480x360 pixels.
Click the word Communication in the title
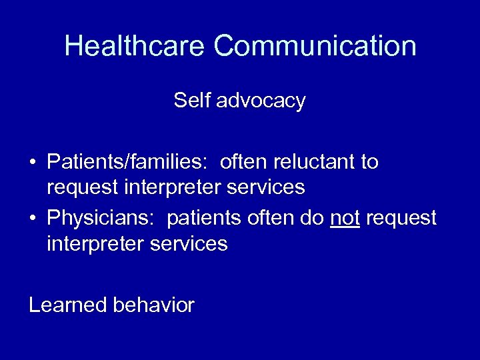tap(315, 46)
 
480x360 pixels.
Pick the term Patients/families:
tap(127, 162)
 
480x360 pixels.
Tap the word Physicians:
tap(102, 218)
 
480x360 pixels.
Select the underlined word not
tap(345, 218)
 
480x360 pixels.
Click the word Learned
tap(68, 305)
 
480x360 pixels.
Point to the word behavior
tap(154, 305)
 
